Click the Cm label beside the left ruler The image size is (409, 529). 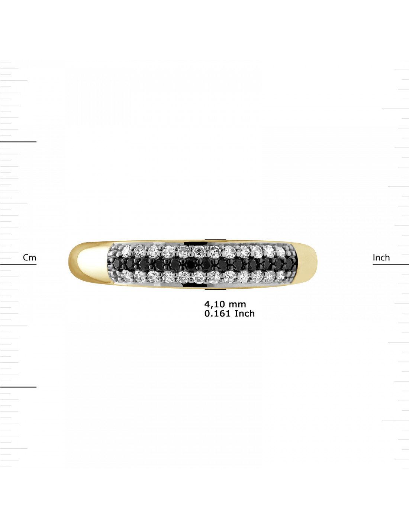(29, 257)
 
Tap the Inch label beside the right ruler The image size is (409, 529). (381, 257)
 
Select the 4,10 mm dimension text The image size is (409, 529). (225, 304)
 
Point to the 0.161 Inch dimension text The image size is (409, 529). (229, 314)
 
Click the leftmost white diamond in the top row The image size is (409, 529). (126, 250)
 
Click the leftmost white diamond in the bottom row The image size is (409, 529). (126, 276)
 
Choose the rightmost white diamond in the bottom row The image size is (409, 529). (281, 275)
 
